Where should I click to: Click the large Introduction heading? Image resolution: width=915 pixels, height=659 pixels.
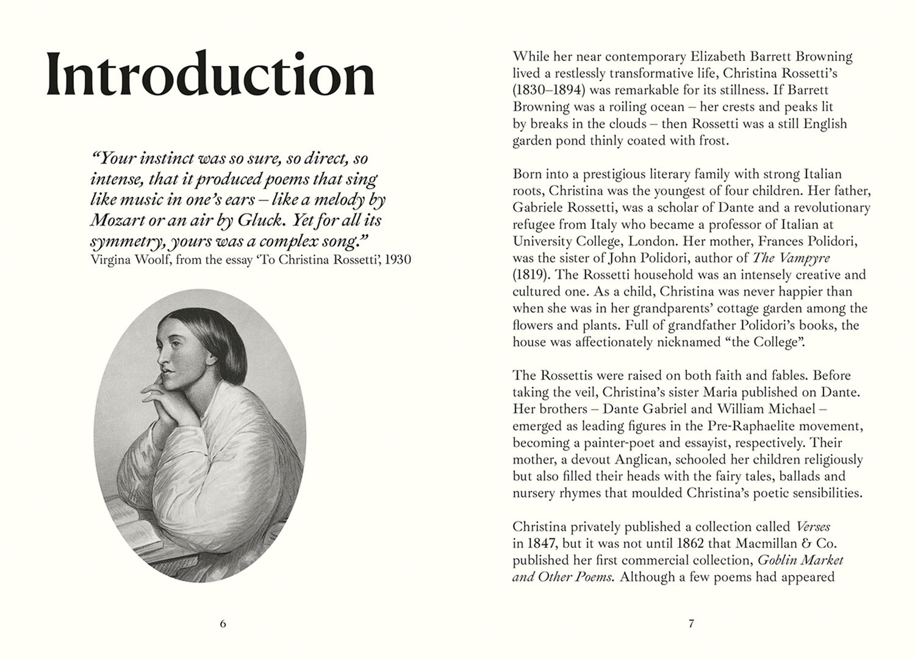[x=210, y=76]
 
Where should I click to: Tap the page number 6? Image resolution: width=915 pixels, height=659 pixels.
[x=223, y=624]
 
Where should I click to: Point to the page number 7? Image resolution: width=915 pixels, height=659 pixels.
[x=691, y=624]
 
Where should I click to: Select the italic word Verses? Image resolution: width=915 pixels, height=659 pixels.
[x=813, y=527]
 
